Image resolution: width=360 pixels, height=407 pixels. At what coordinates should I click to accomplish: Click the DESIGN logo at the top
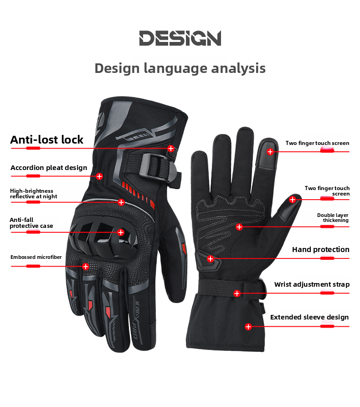pos(180,38)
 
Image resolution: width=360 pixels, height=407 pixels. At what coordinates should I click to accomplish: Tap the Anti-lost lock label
pos(47,139)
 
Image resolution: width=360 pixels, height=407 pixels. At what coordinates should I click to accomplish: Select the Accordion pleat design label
pos(49,168)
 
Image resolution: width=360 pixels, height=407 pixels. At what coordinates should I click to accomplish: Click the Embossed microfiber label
pos(36,257)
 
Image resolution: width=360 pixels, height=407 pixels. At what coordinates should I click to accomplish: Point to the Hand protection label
pos(320,249)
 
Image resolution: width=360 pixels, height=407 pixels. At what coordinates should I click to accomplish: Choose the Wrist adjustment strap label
pos(312,284)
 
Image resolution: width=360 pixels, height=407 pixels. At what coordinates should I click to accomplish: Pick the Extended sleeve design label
pos(309,317)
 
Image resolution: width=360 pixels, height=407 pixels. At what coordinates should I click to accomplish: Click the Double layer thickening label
pos(333,217)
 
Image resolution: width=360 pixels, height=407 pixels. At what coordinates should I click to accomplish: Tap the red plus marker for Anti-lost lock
pos(171,148)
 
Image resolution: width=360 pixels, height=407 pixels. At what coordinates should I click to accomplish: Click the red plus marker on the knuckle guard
pos(121,232)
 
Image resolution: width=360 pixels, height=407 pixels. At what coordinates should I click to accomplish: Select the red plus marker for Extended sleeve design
pos(248,326)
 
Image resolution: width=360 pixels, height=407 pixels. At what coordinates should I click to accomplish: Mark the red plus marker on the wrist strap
pos(237,294)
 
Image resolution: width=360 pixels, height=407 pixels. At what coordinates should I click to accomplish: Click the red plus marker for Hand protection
pos(210,259)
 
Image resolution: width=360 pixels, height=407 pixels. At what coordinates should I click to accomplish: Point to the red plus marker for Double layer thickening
pos(239,227)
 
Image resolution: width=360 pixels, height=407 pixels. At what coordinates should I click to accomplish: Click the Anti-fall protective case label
pos(31,223)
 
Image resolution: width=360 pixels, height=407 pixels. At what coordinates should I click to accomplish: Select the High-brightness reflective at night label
pos(34,194)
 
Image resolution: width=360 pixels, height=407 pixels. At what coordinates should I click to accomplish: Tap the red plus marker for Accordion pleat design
pos(99,176)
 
